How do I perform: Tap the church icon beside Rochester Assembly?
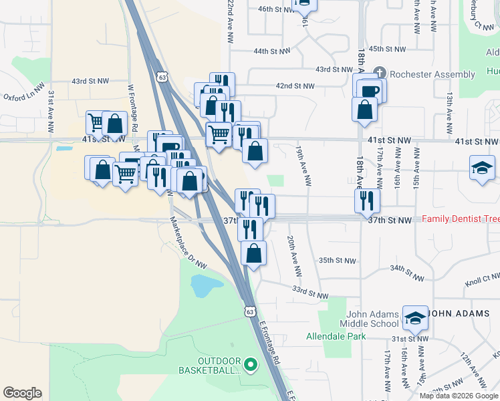click(379, 72)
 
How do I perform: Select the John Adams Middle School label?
click(372, 319)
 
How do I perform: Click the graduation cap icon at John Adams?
click(415, 318)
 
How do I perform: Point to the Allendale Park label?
click(336, 336)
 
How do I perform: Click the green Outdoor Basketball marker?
click(251, 364)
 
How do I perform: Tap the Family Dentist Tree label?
click(461, 219)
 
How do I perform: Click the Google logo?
click(22, 392)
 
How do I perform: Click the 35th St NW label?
click(335, 260)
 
